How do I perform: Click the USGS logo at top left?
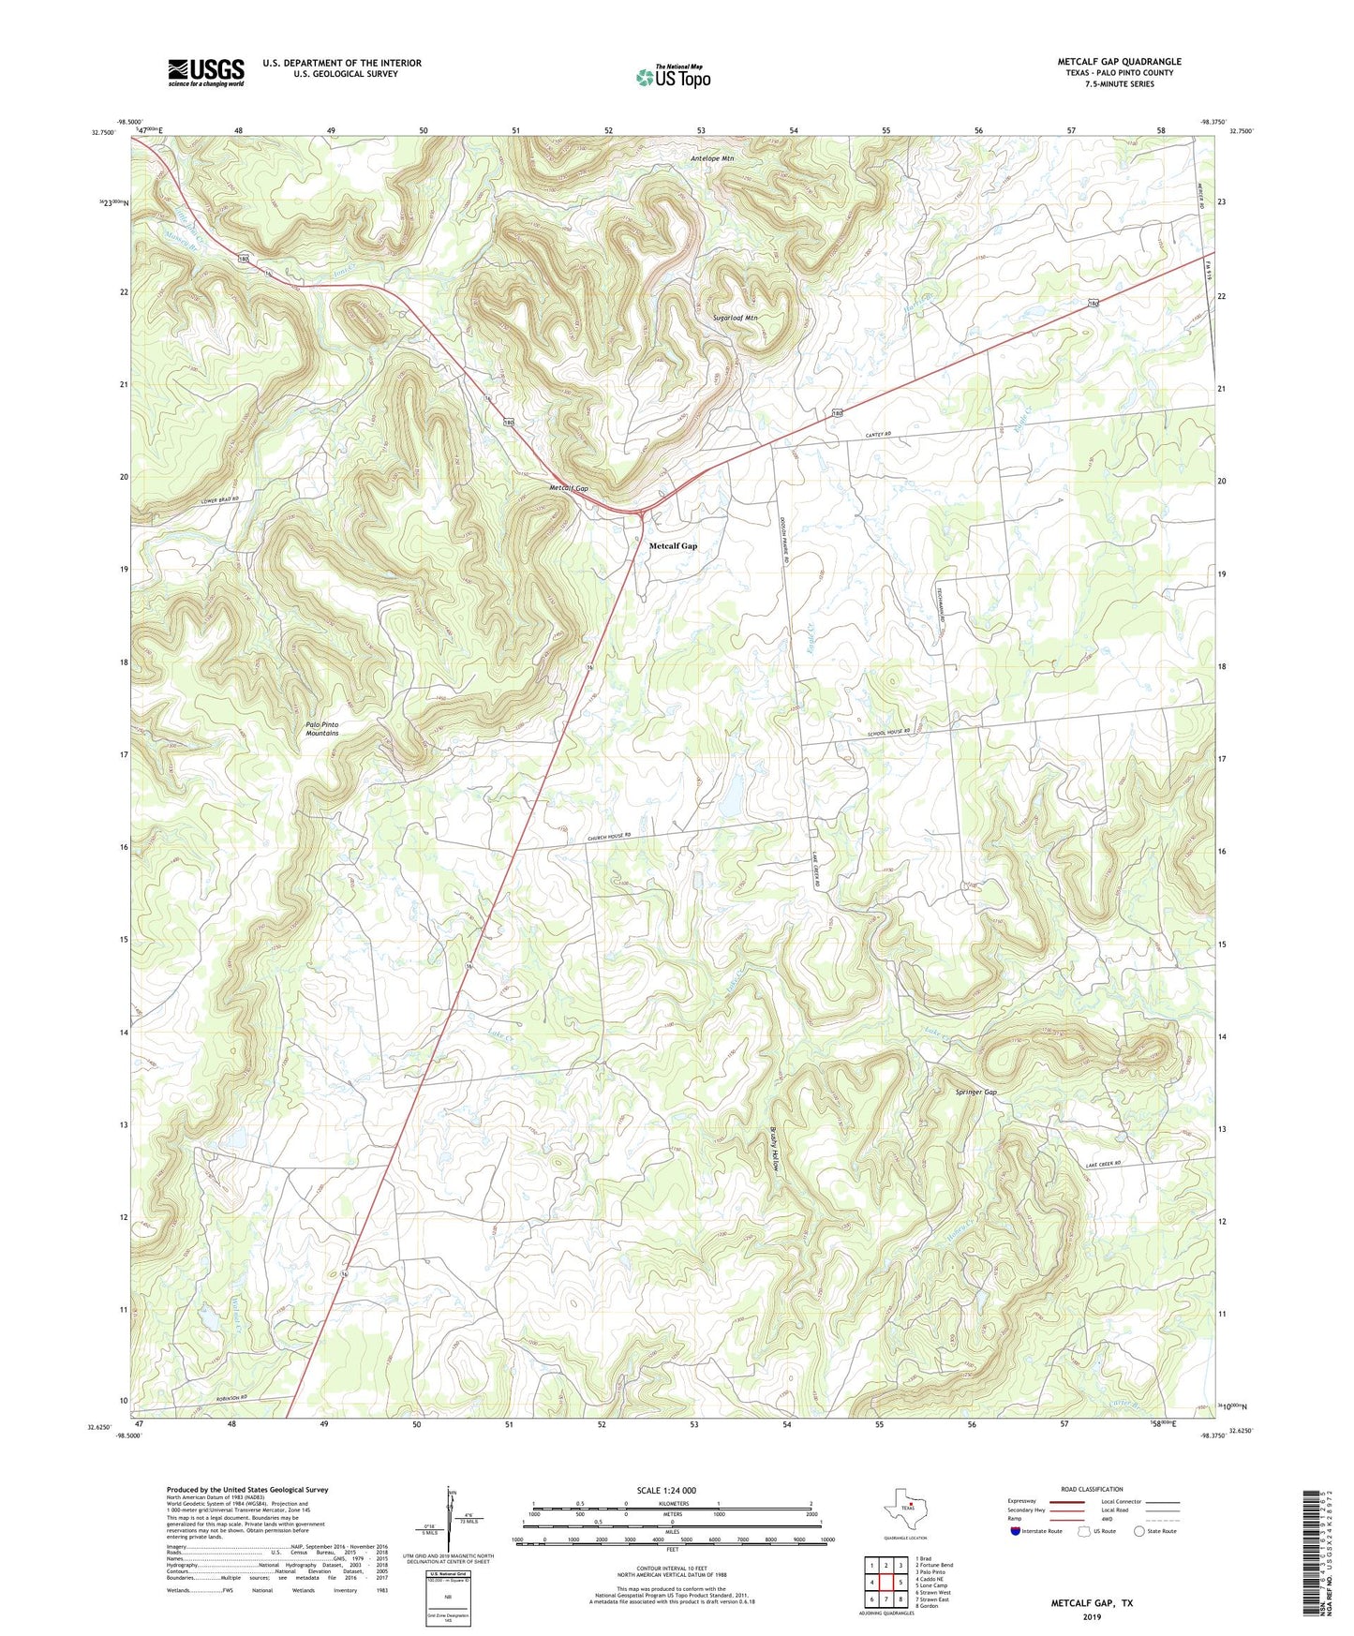click(206, 71)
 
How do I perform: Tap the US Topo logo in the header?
click(673, 77)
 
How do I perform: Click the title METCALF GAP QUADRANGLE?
click(1119, 61)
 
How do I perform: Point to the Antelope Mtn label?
click(712, 158)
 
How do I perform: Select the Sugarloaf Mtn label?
click(735, 318)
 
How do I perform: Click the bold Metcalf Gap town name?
click(673, 545)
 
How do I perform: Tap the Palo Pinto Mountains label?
click(321, 729)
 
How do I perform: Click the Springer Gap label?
click(975, 1093)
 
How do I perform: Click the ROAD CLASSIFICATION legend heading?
click(1092, 1489)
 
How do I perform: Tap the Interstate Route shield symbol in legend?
click(1016, 1531)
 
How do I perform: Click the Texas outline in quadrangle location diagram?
click(904, 1509)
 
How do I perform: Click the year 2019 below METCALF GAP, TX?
click(1092, 1616)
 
